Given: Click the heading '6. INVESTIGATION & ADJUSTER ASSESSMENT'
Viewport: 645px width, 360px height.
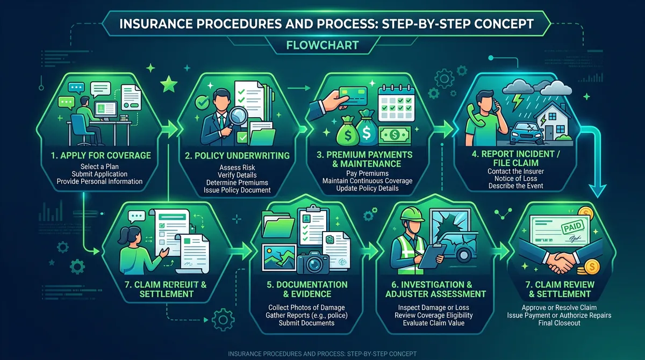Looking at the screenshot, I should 435,289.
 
